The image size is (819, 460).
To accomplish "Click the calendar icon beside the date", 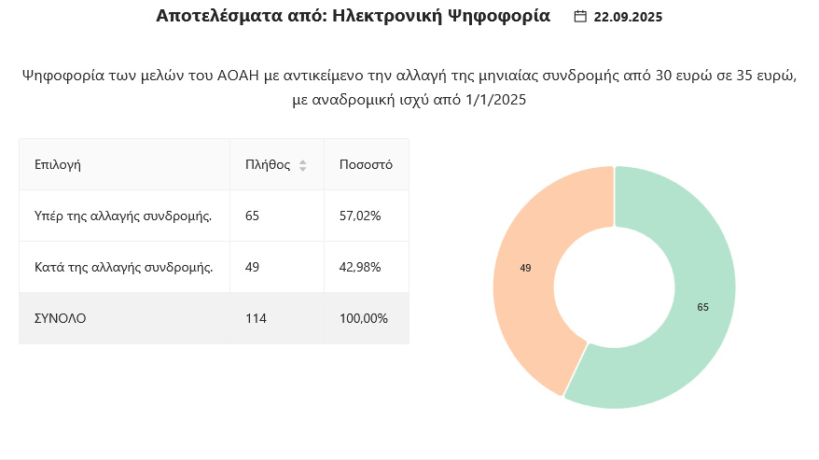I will pos(580,17).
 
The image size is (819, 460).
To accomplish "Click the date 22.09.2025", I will pos(628,17).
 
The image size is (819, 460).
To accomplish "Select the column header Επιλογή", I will pos(58,164).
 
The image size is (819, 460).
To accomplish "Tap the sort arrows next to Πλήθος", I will pos(302,165).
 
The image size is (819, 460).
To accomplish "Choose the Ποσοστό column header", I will pos(366,164).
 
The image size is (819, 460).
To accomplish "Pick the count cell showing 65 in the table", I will pos(252,216).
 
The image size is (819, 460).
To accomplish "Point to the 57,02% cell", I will pos(360,216).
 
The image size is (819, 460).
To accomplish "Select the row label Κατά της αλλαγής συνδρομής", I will pos(123,267).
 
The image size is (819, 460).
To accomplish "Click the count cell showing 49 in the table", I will pos(252,267).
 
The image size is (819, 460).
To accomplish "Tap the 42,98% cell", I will pos(360,267).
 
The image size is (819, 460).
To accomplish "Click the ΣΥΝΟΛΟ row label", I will pos(60,318).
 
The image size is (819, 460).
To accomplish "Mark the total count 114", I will pos(256,318).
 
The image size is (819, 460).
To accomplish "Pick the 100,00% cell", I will pos(364,318).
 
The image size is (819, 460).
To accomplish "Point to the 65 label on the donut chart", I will pos(702,307).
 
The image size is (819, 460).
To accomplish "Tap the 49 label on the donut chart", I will pos(525,268).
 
